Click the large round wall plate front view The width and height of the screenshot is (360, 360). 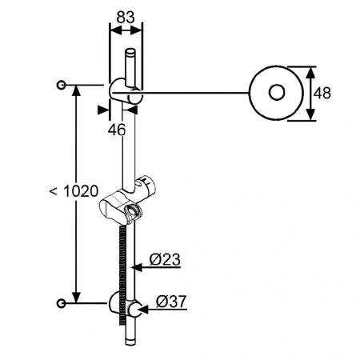pos(277,93)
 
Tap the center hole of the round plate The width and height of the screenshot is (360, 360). pos(277,93)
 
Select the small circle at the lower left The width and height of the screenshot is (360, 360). pos(62,302)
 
